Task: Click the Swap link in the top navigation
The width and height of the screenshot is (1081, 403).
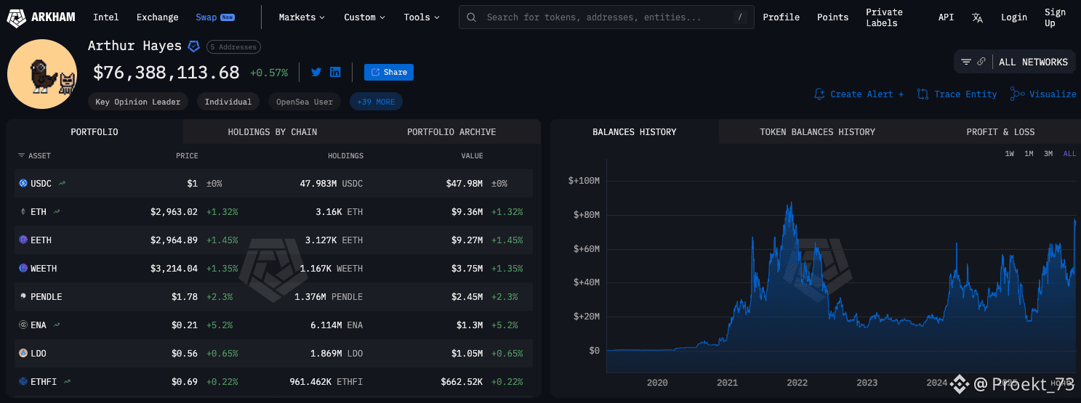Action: (206, 17)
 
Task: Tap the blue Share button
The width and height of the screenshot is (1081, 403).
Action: (389, 72)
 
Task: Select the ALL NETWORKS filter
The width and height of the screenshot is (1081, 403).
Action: (1032, 62)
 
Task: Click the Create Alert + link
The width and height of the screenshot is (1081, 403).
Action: (859, 94)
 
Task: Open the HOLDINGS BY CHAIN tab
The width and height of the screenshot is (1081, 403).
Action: (272, 132)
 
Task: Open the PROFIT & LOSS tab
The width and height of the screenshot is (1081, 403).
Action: (1000, 132)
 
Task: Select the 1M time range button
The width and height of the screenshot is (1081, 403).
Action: (1029, 154)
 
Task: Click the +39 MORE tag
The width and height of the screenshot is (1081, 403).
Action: (376, 102)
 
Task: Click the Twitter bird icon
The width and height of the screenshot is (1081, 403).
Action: (316, 72)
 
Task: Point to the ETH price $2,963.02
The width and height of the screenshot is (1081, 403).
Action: (174, 212)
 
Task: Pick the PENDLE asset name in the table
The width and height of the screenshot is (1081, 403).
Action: (46, 297)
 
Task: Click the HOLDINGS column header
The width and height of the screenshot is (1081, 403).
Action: (345, 156)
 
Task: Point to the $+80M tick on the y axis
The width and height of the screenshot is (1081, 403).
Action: (584, 215)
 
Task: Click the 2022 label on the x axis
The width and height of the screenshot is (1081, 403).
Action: (797, 383)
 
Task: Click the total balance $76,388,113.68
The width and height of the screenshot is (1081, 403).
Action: (166, 73)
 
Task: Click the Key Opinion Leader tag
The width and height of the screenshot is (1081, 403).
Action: (138, 102)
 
